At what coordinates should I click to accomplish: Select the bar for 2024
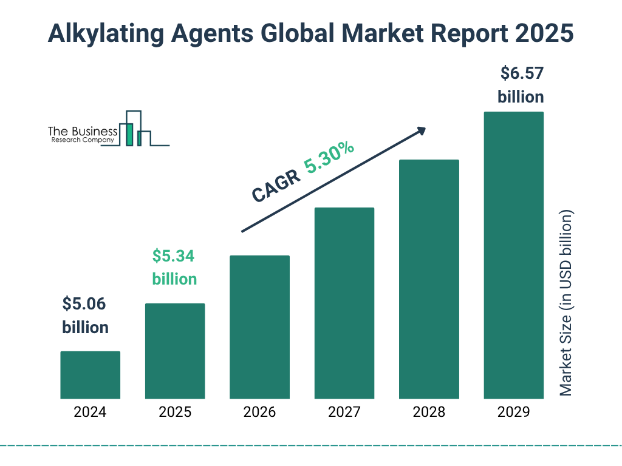pos(90,375)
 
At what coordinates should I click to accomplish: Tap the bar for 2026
pos(259,327)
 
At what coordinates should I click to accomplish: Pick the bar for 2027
pos(344,303)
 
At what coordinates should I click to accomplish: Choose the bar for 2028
pos(429,279)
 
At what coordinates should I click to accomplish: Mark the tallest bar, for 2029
pos(513,255)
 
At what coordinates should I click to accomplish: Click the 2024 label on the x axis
pos(90,413)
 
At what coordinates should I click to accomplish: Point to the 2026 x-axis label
pos(259,413)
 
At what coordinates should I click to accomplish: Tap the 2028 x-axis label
pos(429,413)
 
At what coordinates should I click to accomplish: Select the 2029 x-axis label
pos(513,413)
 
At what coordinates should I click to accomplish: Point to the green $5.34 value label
pos(174,257)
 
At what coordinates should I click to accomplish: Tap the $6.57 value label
pos(521,74)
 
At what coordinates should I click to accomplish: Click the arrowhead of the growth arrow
pos(421,130)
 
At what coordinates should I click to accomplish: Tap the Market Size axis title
pos(566,303)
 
